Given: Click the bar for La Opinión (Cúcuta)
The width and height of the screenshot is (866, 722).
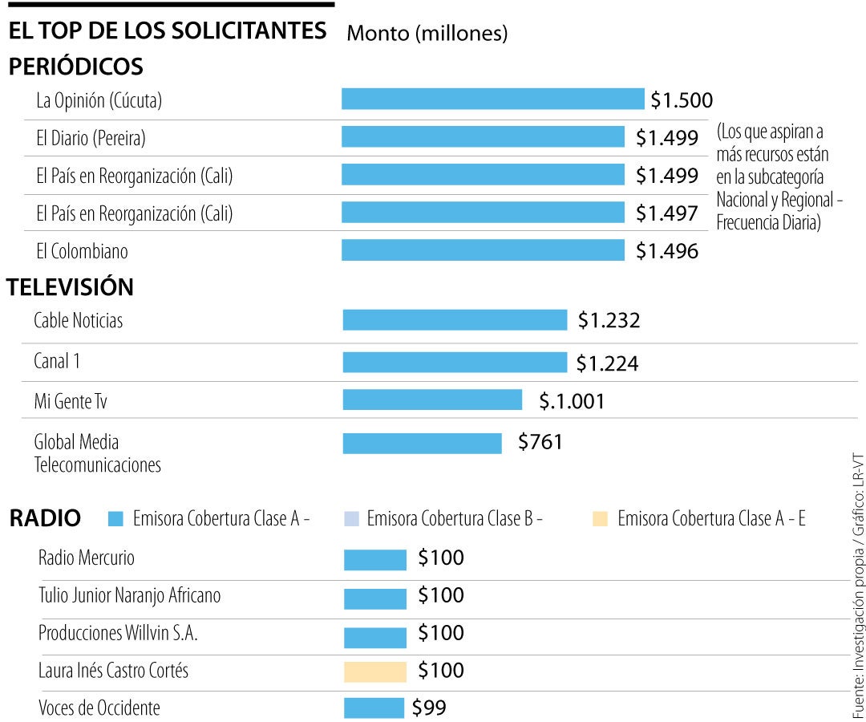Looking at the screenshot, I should coord(492,99).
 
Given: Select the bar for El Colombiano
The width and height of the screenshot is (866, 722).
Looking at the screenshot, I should coord(483,250).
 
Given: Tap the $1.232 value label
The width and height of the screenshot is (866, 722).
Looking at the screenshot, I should coord(609,321).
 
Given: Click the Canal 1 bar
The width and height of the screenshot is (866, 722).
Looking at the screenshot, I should coord(454,363).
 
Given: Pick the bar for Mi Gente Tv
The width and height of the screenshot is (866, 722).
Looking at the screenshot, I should coord(432,400).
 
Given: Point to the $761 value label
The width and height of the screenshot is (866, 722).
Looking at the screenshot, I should coord(540,442).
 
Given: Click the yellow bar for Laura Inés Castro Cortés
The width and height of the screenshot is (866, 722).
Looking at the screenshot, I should coord(375,671).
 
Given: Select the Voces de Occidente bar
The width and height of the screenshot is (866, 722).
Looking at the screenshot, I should coord(374,708).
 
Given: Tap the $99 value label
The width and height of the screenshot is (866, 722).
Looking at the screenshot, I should coord(429,708).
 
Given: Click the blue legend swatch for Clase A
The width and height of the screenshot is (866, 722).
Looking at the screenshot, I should coord(116,519).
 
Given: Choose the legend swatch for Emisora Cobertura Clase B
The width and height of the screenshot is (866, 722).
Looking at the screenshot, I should coord(350,519).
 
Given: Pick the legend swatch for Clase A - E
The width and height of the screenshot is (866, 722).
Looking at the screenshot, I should coord(600,519).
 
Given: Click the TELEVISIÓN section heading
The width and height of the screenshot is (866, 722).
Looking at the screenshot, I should coord(71,287).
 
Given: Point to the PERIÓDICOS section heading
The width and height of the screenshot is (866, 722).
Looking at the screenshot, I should coord(75,67).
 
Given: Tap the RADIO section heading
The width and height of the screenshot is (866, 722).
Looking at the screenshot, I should coord(45,519).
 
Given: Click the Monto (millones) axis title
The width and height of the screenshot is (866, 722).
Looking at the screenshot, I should coord(427,33).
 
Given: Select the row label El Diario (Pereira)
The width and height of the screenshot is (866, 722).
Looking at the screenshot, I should coord(91,139).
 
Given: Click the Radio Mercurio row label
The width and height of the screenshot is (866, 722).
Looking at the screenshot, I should coord(87,558).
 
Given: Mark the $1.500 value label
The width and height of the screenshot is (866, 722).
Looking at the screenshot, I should coord(682,100).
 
